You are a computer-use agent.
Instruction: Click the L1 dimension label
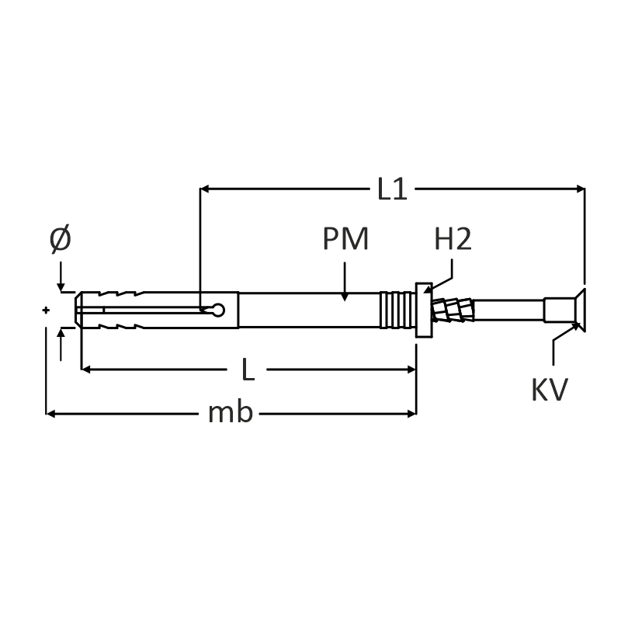click(x=392, y=189)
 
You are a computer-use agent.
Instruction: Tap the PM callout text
click(x=345, y=239)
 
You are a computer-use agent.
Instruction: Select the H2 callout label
click(x=453, y=239)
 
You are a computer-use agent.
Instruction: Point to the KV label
click(x=550, y=390)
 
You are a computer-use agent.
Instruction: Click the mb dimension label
click(x=230, y=412)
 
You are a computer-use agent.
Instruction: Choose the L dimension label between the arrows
click(x=248, y=369)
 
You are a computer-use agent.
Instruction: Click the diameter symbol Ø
click(x=61, y=239)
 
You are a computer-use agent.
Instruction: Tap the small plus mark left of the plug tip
click(x=46, y=310)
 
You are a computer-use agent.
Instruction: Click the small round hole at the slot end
click(x=218, y=310)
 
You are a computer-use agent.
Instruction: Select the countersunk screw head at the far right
click(x=580, y=310)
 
